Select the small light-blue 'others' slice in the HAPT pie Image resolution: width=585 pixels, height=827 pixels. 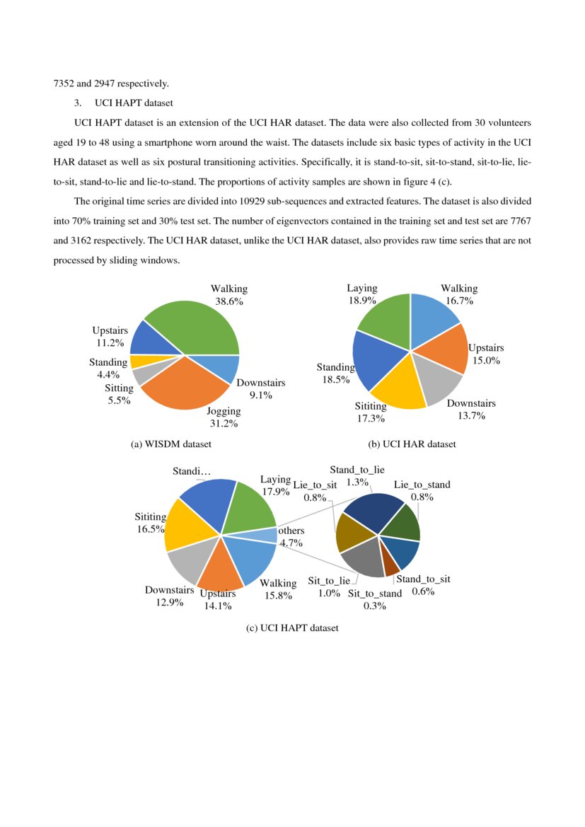(x=270, y=536)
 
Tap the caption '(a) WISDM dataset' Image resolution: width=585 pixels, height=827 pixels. (x=171, y=444)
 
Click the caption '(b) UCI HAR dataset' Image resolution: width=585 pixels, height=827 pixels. (x=412, y=444)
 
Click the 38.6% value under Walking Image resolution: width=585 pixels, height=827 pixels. (x=228, y=301)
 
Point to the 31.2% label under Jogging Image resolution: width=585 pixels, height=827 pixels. (x=223, y=423)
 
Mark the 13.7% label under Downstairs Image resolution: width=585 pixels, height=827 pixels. (x=471, y=415)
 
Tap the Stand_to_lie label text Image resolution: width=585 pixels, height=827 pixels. (x=357, y=470)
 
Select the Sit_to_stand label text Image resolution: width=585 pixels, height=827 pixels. (x=375, y=594)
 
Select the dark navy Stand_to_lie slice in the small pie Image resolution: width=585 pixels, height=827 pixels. (x=371, y=511)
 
